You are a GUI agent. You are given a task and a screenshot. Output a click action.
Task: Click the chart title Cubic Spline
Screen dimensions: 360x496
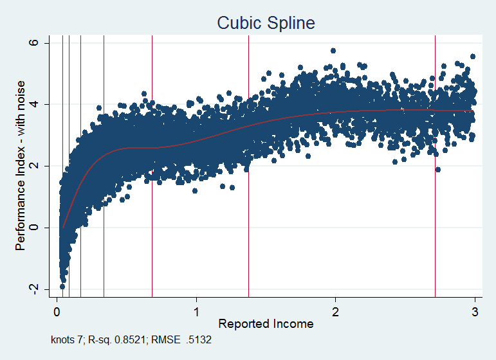click(266, 23)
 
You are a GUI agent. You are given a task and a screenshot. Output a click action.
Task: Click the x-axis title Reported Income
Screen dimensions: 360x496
click(266, 323)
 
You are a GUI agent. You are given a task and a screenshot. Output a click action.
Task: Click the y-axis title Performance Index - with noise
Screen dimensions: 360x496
click(21, 166)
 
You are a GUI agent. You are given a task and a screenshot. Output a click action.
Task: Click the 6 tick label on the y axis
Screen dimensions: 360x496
click(36, 42)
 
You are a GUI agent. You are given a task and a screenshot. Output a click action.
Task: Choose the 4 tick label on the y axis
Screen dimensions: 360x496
click(36, 104)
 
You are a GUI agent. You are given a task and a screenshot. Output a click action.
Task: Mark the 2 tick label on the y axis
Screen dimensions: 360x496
click(36, 166)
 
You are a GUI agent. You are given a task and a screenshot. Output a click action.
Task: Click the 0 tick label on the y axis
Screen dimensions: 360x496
click(36, 227)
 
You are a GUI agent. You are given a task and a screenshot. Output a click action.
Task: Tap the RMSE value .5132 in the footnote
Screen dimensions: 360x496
click(199, 339)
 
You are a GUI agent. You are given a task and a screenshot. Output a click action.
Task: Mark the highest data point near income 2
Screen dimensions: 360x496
click(333, 50)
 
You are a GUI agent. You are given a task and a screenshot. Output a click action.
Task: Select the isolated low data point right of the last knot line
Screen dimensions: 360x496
click(438, 170)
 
